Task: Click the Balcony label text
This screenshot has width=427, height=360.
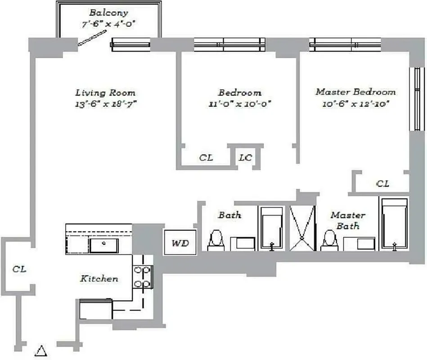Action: point(108,13)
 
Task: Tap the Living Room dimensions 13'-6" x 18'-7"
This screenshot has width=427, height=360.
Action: point(106,103)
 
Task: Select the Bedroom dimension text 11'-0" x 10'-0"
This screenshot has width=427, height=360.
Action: point(239,103)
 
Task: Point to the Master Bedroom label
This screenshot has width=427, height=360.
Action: point(355,92)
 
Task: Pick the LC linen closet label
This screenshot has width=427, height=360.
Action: point(245,158)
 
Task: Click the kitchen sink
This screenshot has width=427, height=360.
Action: point(103,246)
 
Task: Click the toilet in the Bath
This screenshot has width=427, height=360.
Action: point(216,241)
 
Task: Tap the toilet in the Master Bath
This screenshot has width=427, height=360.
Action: point(329,241)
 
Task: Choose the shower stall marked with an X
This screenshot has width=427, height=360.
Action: point(302,228)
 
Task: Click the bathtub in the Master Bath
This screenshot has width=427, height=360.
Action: point(394,224)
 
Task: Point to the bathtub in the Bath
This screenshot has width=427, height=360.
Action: point(271,228)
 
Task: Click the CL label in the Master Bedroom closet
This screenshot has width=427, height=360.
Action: point(382,184)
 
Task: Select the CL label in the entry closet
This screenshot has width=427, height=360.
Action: point(19,269)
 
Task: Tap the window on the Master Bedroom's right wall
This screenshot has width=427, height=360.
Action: point(417,99)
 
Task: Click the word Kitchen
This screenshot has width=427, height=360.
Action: point(99,279)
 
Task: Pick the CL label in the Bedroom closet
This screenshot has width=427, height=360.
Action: point(206,158)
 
